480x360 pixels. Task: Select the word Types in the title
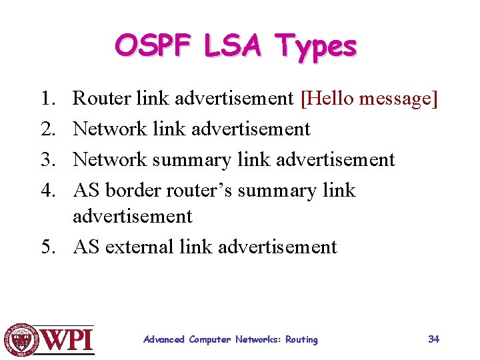[x=317, y=47]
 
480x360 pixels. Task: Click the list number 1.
[x=48, y=99]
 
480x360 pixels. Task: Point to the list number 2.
[x=48, y=129]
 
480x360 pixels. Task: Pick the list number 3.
[x=48, y=160]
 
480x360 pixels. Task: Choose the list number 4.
[x=48, y=191]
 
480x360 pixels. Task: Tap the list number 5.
[x=48, y=247]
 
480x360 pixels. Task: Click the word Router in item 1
[x=101, y=99]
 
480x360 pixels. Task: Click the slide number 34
[x=433, y=339]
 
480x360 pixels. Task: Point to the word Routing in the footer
[x=301, y=340]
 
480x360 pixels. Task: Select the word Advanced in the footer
[x=164, y=340]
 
